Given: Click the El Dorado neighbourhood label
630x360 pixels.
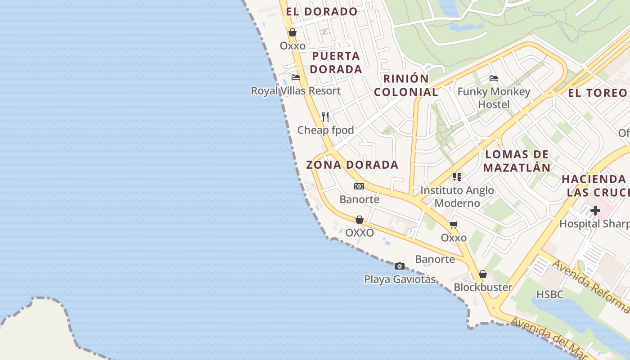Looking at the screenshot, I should coord(322,12).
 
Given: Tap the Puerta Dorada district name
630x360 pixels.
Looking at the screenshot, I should coord(336,63).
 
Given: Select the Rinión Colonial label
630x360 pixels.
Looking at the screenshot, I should coord(406,85).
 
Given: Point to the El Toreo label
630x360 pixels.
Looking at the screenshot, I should coord(597,93).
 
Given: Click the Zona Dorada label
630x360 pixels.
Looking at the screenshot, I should coord(352,165).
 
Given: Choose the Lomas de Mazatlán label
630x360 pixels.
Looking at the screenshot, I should coord(517,161).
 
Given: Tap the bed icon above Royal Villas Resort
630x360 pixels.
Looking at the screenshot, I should coord(296,77).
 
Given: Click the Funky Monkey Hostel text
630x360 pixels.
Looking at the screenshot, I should coord(494,98).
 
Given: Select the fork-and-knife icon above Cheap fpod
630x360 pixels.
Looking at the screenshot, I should coord(326,117).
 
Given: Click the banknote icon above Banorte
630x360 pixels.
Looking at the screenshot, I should coord(359,186).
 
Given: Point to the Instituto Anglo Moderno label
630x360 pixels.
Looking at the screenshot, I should coord(457,197).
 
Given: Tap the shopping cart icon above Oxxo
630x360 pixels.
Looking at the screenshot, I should coord(454,225).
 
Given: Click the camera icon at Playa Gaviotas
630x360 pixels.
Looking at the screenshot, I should coord(399,266).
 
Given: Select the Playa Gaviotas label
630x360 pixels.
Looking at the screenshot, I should coord(400,279).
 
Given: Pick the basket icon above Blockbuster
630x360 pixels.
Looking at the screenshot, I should coord(483,274).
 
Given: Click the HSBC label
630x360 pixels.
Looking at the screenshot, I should coord(550,294).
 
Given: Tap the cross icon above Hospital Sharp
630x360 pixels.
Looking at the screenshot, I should coord(595,211).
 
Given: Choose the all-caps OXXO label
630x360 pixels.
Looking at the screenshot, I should coord(360,233).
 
